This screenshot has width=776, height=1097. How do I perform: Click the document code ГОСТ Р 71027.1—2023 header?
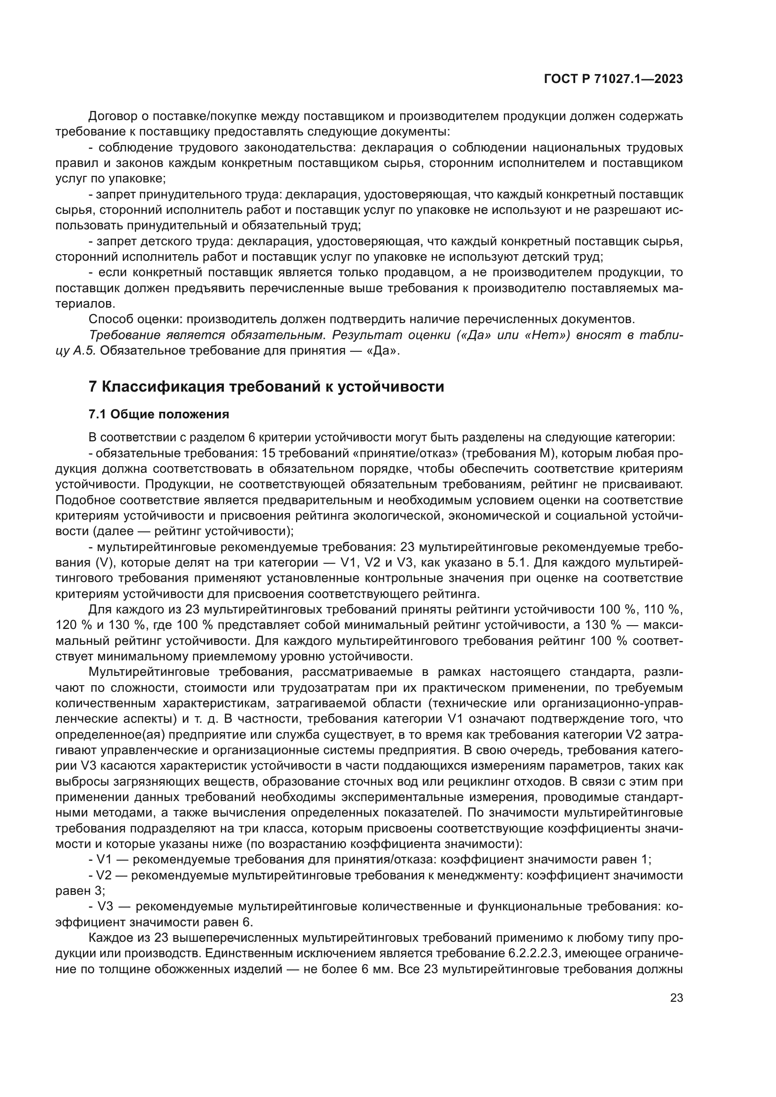(x=613, y=79)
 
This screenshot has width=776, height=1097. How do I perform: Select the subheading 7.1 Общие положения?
(x=159, y=414)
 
